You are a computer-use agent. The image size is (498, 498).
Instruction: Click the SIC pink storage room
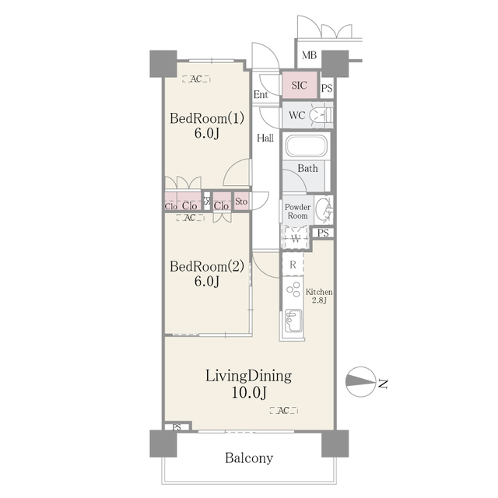pos(300,85)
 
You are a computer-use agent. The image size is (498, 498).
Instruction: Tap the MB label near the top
pos(309,55)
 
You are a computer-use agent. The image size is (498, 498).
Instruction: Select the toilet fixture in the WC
pos(321,115)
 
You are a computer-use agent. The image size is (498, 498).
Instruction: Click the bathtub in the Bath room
pos(306,146)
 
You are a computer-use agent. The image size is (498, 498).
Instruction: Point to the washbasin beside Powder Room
pos(324,209)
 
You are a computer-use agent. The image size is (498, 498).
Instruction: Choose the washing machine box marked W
pos(296,237)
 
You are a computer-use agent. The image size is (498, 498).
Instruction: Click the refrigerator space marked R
pos(293,265)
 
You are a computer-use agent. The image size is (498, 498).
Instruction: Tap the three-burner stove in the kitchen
pos(293,289)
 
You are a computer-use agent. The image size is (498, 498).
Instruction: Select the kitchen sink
pos(293,320)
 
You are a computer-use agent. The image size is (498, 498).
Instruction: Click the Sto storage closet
pos(241,201)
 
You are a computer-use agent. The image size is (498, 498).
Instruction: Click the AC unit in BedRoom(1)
pos(196,79)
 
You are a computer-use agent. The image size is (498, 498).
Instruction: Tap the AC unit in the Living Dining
pos(283,410)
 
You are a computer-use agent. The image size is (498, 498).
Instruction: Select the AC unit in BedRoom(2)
pos(190,218)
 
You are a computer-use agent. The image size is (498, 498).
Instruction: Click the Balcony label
pos(249,458)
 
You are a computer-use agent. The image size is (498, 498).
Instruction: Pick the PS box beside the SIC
pos(327,88)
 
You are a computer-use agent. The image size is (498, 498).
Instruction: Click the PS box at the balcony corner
pos(177,426)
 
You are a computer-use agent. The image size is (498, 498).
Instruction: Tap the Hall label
pos(265,138)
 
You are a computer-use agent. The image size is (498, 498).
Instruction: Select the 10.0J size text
pos(249,392)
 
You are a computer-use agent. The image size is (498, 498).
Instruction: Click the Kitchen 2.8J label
pos(319,296)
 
